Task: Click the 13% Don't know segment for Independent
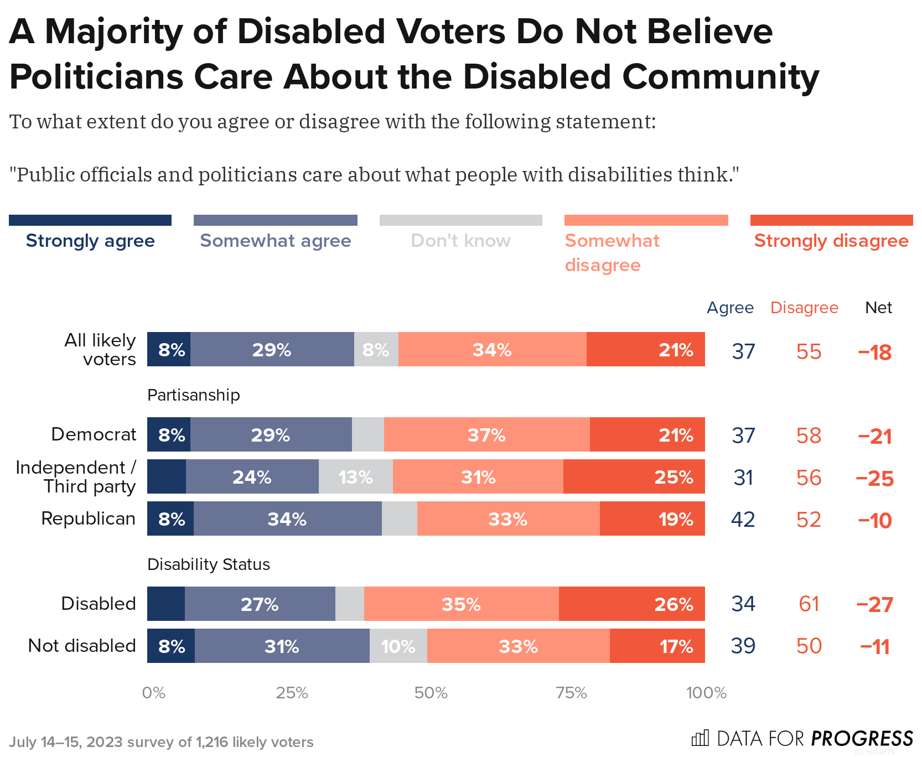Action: [355, 476]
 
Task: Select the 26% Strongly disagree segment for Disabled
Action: [631, 604]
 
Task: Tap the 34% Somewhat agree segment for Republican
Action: [287, 519]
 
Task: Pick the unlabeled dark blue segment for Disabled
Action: [165, 604]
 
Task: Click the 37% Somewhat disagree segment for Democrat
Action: [486, 434]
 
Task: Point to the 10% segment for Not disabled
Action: [398, 646]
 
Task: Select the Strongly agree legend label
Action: [90, 241]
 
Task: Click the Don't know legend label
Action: [460, 241]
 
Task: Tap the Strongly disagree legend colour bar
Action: [831, 220]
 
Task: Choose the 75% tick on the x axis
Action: [571, 693]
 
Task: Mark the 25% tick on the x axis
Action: [292, 693]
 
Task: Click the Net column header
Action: [878, 308]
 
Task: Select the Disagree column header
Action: [804, 308]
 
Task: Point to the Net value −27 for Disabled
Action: [874, 604]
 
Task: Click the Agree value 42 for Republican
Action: [743, 520]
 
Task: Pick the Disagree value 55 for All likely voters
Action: [809, 352]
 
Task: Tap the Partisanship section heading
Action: [194, 395]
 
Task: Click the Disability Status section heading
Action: [209, 564]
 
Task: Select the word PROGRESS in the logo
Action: [862, 739]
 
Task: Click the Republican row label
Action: [89, 519]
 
